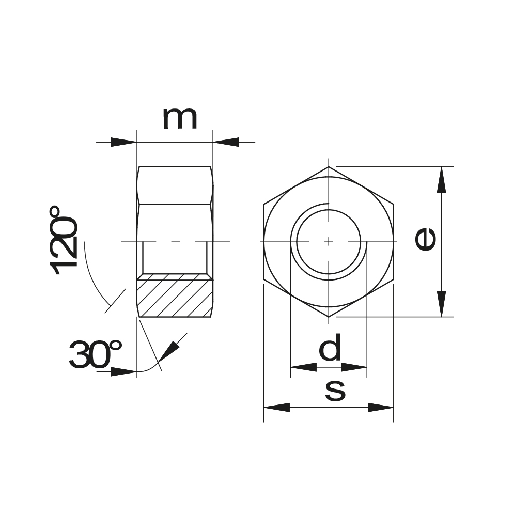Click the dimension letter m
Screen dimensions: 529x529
coord(180,119)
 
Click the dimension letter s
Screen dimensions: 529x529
coord(335,391)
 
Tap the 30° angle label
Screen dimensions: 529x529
coord(95,355)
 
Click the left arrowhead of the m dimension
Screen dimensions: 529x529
coord(124,142)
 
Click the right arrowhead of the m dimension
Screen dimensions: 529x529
coord(226,142)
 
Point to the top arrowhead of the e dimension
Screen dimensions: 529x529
coord(441,179)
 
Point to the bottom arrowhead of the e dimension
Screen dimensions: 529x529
coord(441,304)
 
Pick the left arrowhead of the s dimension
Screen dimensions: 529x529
coord(277,407)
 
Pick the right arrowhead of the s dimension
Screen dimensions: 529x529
coord(381,407)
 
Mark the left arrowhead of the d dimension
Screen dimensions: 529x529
coord(303,367)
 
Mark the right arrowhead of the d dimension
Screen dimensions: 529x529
coord(354,367)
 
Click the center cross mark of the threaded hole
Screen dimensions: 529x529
coord(329,241)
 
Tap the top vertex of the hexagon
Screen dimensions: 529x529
coord(329,167)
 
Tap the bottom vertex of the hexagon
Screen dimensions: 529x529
coord(329,317)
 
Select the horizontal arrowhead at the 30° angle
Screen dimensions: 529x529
coord(124,371)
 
